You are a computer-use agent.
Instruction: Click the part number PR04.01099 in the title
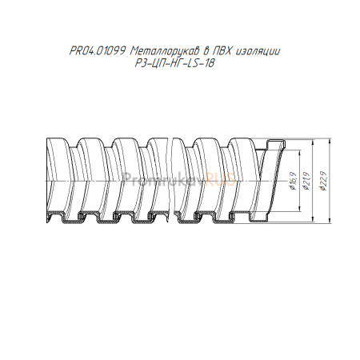point(98,51)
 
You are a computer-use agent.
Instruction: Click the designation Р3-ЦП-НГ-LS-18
point(175,63)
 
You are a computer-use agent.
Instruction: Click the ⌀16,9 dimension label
point(293,181)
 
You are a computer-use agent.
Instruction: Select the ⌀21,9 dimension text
point(307,181)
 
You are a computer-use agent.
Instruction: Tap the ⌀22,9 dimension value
point(323,182)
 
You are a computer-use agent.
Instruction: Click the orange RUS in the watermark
point(221,179)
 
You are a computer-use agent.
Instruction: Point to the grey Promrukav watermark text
point(165,179)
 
